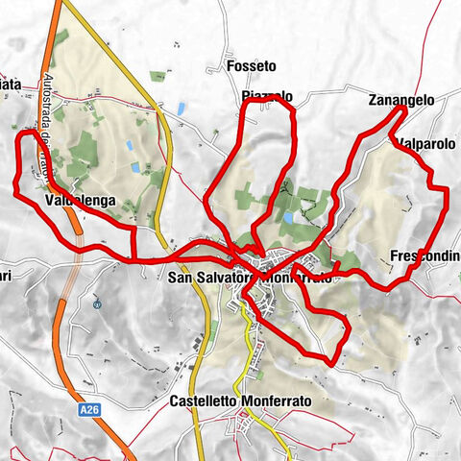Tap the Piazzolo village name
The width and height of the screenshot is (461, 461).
tap(267, 97)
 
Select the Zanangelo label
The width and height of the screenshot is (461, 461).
tap(401, 101)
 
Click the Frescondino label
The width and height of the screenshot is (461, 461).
tap(425, 256)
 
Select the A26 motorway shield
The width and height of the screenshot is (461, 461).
tap(89, 410)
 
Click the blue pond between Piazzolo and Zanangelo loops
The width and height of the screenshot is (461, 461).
tap(287, 219)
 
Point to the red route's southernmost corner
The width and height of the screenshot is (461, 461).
tap(331, 364)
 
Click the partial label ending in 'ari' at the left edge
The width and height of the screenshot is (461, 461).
tap(5, 279)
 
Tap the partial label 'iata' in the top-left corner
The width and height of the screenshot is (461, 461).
tap(10, 84)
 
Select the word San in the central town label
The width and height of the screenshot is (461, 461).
tap(179, 278)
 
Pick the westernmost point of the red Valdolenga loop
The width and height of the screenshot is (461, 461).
tap(14, 192)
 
